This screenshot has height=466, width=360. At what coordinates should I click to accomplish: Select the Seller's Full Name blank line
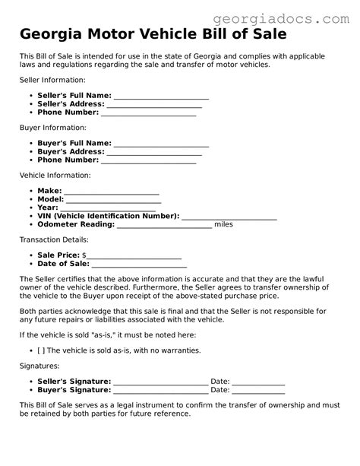click(160, 97)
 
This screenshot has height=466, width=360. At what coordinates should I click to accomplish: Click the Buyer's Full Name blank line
click(160, 143)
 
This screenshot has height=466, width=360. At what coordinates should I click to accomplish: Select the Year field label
click(47, 208)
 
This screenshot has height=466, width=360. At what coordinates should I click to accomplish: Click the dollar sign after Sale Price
click(84, 255)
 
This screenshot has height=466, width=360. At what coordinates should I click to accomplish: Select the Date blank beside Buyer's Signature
click(258, 389)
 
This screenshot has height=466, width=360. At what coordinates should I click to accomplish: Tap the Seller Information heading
click(52, 79)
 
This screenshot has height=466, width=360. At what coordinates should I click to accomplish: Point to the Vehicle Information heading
click(55, 175)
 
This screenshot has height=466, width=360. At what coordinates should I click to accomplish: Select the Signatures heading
click(40, 366)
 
